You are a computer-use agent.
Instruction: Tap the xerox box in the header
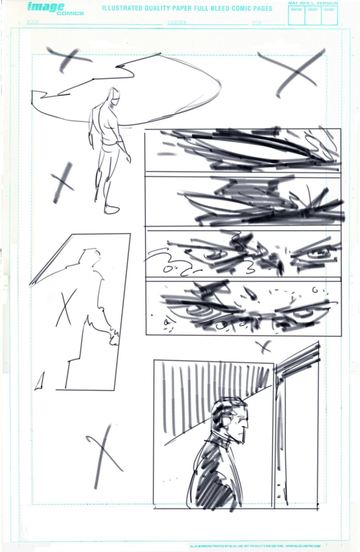296,16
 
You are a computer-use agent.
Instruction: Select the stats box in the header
313,16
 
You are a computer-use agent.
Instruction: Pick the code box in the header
329,16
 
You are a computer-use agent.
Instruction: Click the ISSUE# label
177,22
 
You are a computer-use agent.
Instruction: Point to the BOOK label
33,22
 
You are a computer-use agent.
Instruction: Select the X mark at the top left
69,59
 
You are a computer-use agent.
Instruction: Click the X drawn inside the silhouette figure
67,308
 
